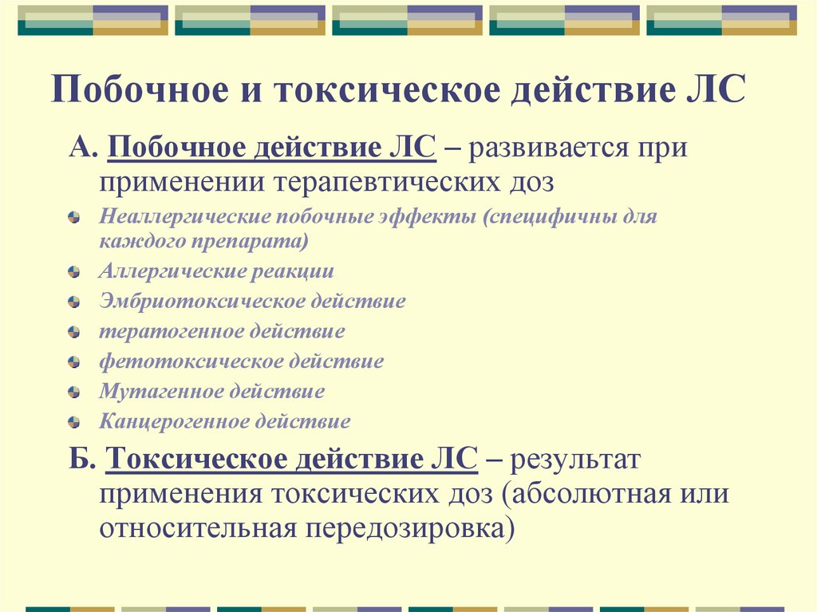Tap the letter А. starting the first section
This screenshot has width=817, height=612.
pyautogui.click(x=81, y=148)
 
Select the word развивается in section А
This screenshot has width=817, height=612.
pyautogui.click(x=543, y=148)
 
